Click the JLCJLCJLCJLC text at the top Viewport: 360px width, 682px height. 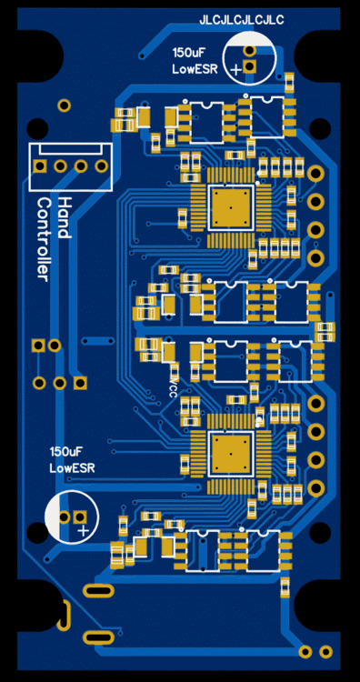pyautogui.click(x=241, y=19)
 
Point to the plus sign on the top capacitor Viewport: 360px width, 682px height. pyautogui.click(x=236, y=68)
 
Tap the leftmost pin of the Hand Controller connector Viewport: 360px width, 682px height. pyautogui.click(x=40, y=166)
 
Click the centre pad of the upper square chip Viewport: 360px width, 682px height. pyautogui.click(x=232, y=207)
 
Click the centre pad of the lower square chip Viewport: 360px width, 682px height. pyautogui.click(x=232, y=453)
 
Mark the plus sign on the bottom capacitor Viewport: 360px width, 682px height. pyautogui.click(x=82, y=528)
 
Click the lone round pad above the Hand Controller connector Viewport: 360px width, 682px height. pyautogui.click(x=64, y=105)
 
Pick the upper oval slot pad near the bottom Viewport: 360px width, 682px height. pyautogui.click(x=96, y=591)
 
